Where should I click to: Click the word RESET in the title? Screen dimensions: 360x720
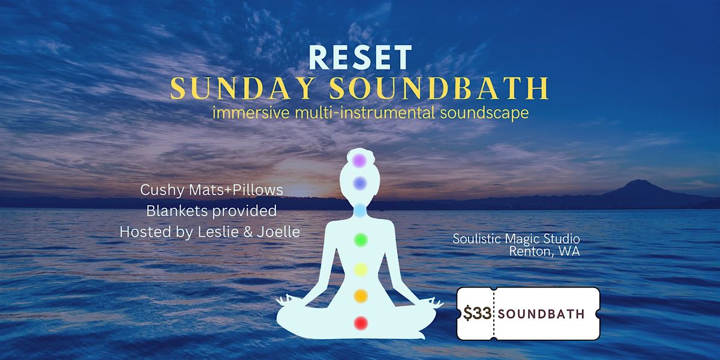pyautogui.click(x=360, y=58)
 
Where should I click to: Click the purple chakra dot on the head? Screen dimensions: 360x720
pyautogui.click(x=359, y=161)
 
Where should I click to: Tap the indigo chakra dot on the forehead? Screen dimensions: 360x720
pyautogui.click(x=359, y=182)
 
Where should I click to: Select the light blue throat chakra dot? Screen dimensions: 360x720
pyautogui.click(x=359, y=210)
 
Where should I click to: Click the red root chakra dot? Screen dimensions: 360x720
pyautogui.click(x=360, y=323)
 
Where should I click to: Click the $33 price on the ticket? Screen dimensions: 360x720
pyautogui.click(x=477, y=314)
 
